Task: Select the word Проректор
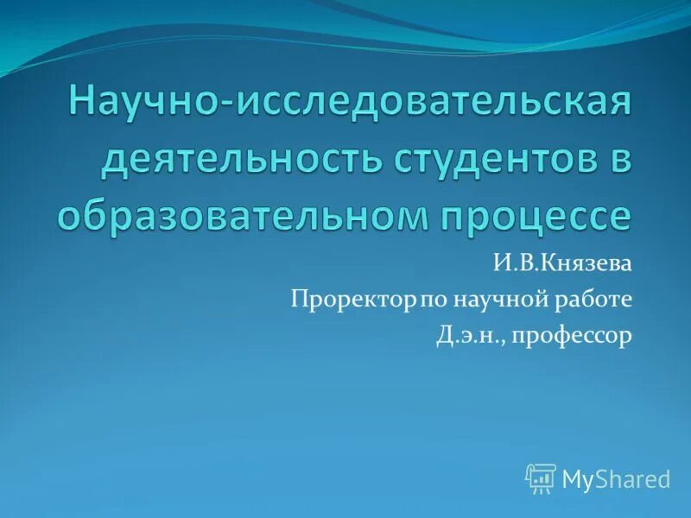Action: tap(354, 300)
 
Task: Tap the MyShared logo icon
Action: tap(540, 478)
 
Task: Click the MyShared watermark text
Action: tap(616, 478)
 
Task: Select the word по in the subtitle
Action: tap(432, 300)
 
